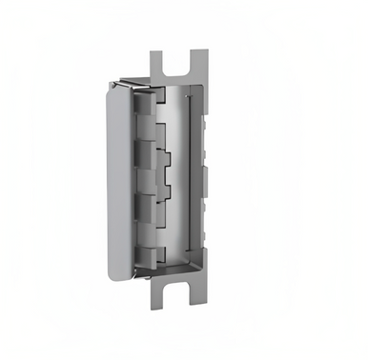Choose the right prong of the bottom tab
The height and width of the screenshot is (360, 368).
pyautogui.click(x=199, y=296)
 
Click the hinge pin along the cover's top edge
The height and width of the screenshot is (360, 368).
pyautogui.click(x=129, y=85)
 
